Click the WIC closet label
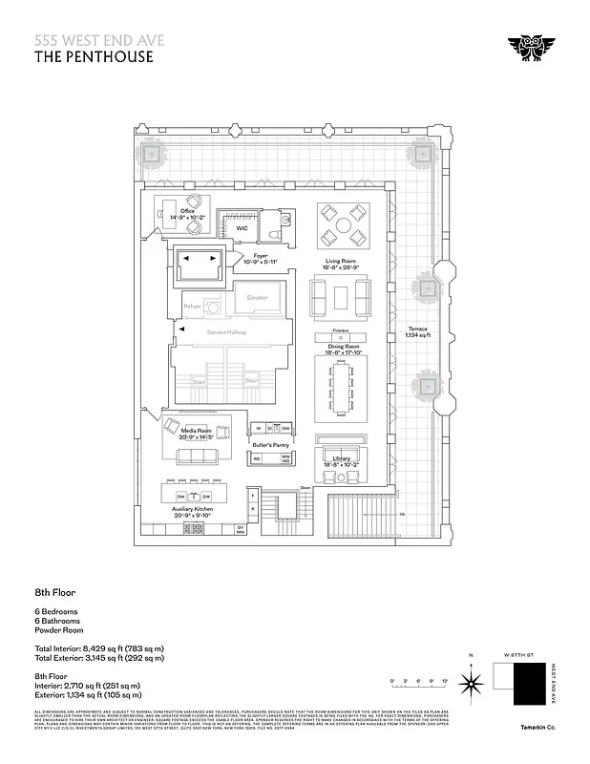click(x=242, y=228)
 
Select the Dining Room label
click(x=339, y=348)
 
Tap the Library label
click(x=342, y=459)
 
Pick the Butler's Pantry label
click(x=271, y=445)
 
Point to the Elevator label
click(x=257, y=298)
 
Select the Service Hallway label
click(x=225, y=332)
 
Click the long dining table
click(x=339, y=389)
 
